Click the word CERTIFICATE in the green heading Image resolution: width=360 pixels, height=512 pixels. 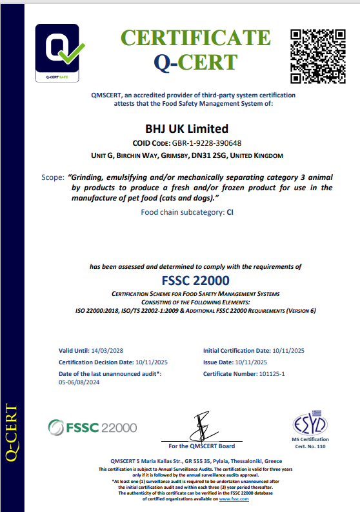[196, 39]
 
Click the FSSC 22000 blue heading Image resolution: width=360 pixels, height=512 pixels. [194, 281]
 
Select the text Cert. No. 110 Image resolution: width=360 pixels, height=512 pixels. [311, 446]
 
